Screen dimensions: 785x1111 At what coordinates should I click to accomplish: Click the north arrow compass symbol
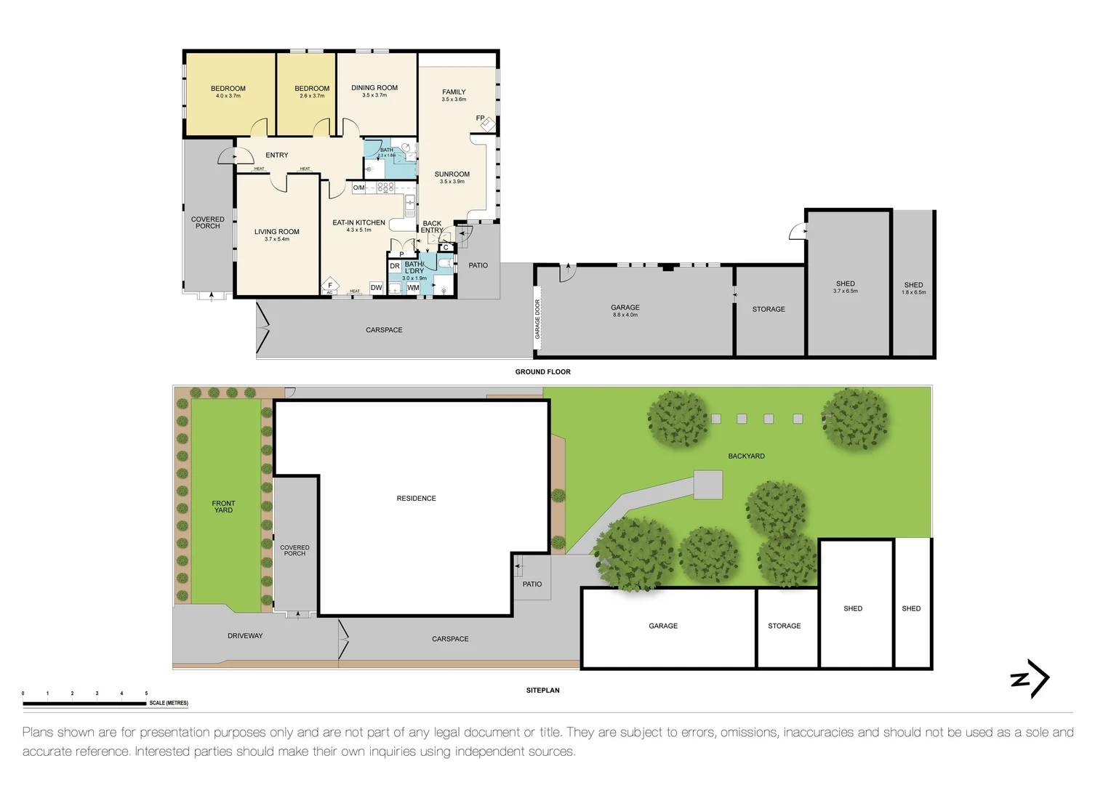pyautogui.click(x=1030, y=679)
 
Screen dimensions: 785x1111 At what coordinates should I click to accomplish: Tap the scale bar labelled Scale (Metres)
pyautogui.click(x=84, y=704)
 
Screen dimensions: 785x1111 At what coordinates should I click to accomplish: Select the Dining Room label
pyautogui.click(x=374, y=88)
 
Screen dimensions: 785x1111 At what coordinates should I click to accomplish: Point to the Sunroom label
pyautogui.click(x=452, y=174)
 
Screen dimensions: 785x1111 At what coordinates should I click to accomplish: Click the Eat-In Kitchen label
pyautogui.click(x=358, y=223)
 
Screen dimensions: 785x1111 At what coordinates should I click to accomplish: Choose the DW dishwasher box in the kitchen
pyautogui.click(x=376, y=288)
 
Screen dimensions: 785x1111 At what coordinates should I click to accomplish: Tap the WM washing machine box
pyautogui.click(x=413, y=288)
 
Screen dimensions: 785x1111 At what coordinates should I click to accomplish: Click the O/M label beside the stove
pyautogui.click(x=358, y=188)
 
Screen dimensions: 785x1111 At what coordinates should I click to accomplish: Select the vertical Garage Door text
pyautogui.click(x=538, y=319)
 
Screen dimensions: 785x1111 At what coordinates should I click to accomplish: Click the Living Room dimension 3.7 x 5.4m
pyautogui.click(x=276, y=239)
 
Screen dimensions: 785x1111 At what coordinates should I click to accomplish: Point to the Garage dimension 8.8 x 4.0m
pyautogui.click(x=625, y=315)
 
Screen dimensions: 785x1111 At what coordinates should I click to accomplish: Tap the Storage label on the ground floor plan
pyautogui.click(x=769, y=310)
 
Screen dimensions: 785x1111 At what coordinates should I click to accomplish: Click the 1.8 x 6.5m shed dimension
pyautogui.click(x=913, y=292)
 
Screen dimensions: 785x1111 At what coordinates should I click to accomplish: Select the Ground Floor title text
pyautogui.click(x=542, y=372)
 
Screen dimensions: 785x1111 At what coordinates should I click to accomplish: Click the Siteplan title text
pyautogui.click(x=542, y=691)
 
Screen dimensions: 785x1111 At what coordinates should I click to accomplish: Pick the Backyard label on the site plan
pyautogui.click(x=746, y=456)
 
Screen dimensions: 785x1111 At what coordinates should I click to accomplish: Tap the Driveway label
pyautogui.click(x=245, y=636)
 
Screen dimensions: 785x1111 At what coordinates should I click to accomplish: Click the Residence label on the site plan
pyautogui.click(x=416, y=499)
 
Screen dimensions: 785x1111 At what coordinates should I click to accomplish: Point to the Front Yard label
pyautogui.click(x=223, y=507)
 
